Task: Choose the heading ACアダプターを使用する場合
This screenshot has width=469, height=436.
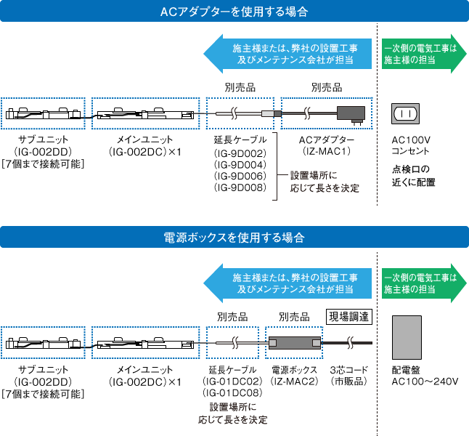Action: (234, 12)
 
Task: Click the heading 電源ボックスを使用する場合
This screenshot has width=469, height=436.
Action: (234, 238)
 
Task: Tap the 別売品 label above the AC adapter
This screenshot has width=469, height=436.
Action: (326, 87)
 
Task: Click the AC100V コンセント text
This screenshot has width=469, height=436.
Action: (411, 145)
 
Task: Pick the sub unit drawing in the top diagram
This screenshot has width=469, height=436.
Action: (43, 114)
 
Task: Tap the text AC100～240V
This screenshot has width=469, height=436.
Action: (425, 381)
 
